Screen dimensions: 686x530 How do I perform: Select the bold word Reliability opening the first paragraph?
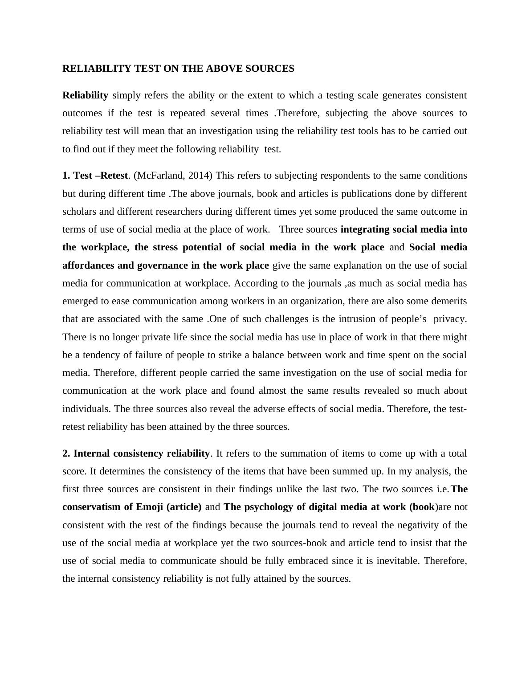pos(85,95)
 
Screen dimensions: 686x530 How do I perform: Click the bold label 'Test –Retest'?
pos(100,176)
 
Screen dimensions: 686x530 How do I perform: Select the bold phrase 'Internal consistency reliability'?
pos(141,453)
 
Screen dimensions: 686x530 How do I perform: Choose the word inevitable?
pos(397,561)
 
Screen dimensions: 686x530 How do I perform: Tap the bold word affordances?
pos(87,265)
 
